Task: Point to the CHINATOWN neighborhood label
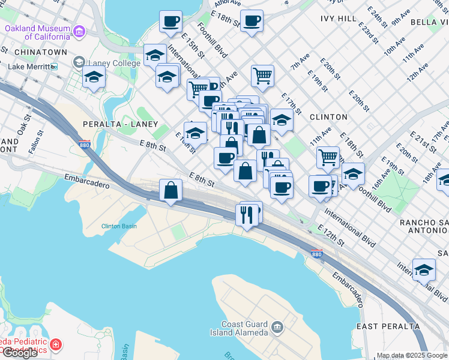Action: tap(33, 52)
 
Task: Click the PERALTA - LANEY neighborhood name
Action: tap(112, 124)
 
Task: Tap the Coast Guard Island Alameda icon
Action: tap(277, 326)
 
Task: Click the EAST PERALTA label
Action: tap(388, 326)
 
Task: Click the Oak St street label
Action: tap(25, 127)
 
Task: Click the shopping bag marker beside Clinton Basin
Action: tap(171, 191)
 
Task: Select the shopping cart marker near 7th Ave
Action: tap(262, 76)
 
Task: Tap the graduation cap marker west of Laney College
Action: tap(94, 77)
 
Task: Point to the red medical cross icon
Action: tap(55, 345)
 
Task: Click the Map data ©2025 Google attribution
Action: tap(412, 355)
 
